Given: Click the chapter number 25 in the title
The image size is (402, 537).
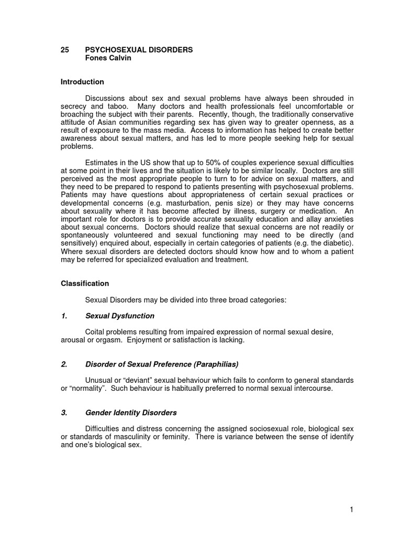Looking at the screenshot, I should pos(65,50).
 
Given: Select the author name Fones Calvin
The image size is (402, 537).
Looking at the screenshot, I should pos(108,58).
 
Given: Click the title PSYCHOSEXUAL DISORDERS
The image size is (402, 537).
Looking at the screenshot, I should pos(139,50).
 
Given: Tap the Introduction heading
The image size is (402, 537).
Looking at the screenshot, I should pos(82,82).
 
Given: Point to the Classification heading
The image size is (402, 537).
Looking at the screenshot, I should pos(85,283).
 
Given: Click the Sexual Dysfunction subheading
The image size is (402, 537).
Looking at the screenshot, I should pos(120,316).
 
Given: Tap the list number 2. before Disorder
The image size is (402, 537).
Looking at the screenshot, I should pos(64,364).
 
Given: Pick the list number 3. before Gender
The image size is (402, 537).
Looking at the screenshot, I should pos(64,413).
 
